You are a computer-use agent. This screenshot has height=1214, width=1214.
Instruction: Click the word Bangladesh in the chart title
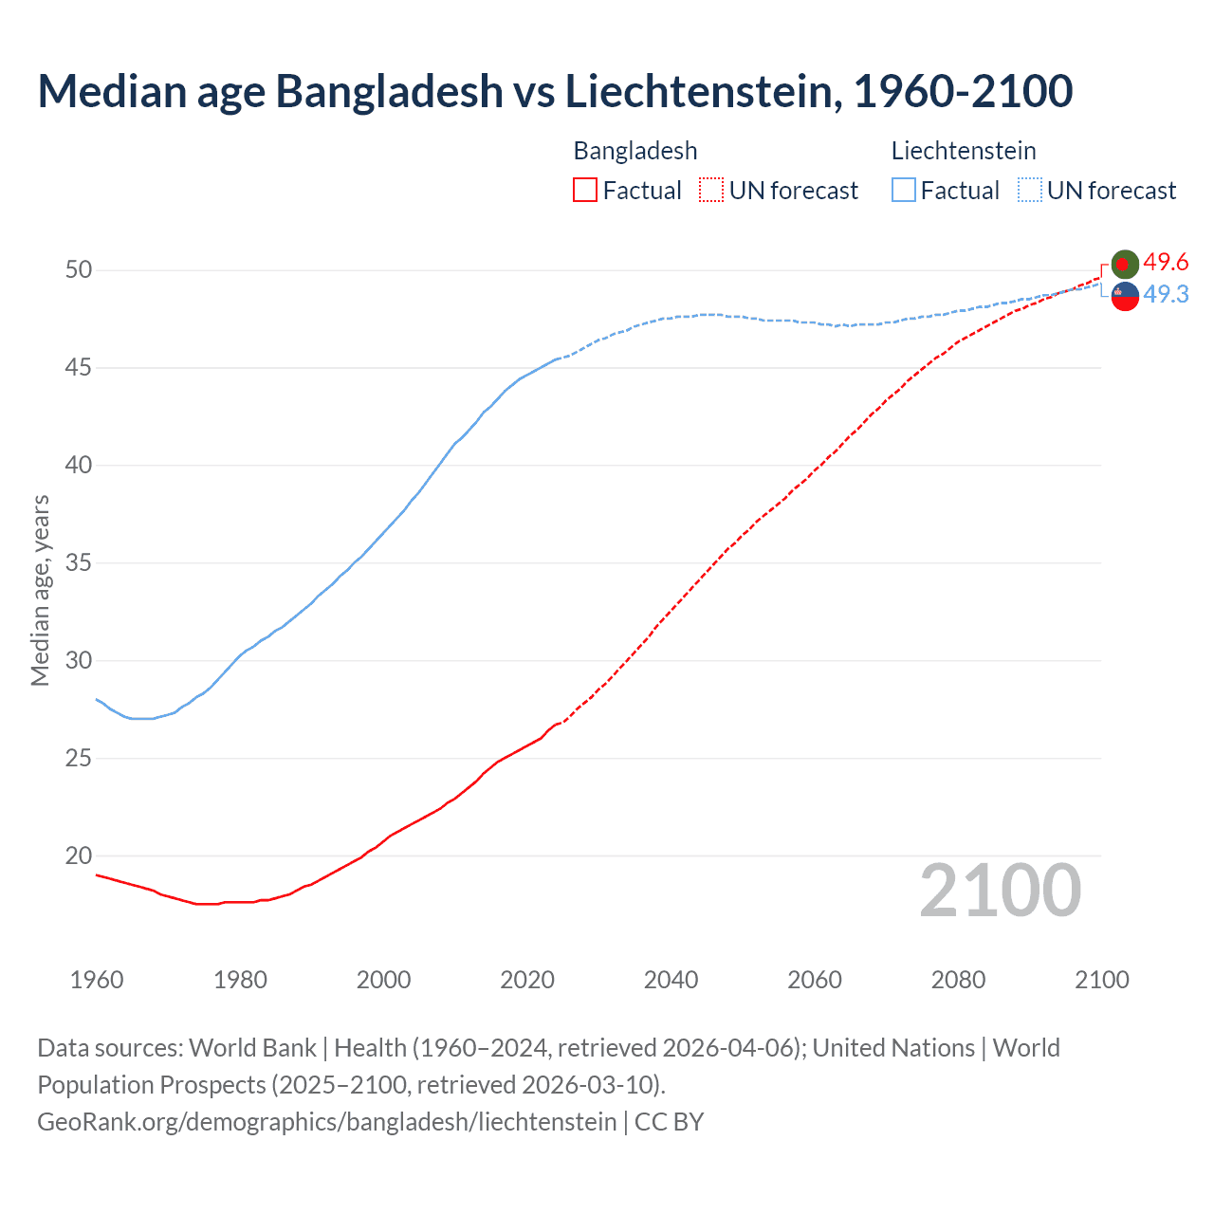tap(389, 91)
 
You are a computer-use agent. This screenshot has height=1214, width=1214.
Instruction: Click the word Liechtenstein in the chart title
tap(703, 91)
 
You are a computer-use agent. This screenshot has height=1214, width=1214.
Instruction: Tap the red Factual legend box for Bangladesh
tap(585, 191)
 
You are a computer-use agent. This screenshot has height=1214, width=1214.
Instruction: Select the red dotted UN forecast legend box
tap(711, 191)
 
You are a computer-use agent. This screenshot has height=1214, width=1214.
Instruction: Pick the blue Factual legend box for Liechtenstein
tap(904, 191)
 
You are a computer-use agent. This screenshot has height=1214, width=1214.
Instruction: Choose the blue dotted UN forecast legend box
tap(1030, 191)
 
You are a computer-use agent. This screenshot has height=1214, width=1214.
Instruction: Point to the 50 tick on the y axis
tap(79, 270)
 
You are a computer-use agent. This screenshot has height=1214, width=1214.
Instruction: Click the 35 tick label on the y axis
tap(79, 563)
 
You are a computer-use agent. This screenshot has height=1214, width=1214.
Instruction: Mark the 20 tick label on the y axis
tap(79, 855)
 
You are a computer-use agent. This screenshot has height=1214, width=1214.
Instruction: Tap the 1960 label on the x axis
tap(97, 980)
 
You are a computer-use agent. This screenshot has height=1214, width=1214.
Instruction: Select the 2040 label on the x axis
tap(671, 980)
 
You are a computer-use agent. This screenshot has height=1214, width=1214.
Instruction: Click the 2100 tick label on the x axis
tap(1101, 980)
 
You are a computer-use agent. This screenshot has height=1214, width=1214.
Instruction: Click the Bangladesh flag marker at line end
tap(1125, 264)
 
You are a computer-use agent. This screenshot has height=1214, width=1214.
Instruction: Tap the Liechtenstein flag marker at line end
tap(1125, 296)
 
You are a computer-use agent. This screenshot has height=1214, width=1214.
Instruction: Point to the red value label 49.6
tap(1166, 263)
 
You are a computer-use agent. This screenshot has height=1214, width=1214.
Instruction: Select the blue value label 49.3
tap(1166, 295)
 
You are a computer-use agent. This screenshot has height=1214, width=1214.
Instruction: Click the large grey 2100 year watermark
tap(1000, 891)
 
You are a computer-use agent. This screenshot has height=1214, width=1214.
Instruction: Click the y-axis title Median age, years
tap(40, 590)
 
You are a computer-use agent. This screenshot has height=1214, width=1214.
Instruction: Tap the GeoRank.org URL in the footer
tap(326, 1122)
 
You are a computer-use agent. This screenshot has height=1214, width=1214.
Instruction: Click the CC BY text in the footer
tap(669, 1122)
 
